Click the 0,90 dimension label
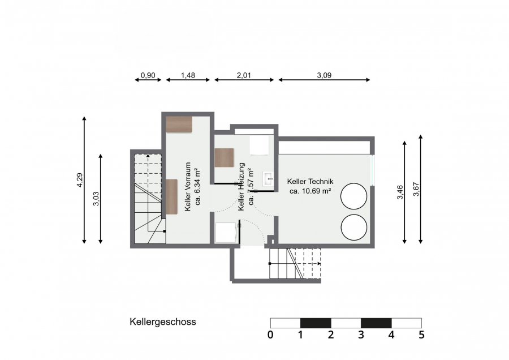tap(148, 75)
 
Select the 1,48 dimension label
tap(188, 75)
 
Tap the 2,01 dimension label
tap(244, 75)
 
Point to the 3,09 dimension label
tap(324, 75)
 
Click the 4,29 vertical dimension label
tap(80, 180)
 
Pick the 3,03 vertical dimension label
tap(96, 199)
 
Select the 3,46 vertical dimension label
tap(400, 192)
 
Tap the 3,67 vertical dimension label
tap(416, 189)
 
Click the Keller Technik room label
tap(310, 181)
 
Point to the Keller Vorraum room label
tap(188, 187)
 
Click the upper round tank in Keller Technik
tap(354, 196)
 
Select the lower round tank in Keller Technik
tap(354, 227)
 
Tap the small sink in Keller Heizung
tap(269, 179)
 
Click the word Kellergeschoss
tap(163, 322)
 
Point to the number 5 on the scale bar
tap(421, 335)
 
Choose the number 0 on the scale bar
tap(270, 335)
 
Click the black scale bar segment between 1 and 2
tap(316, 323)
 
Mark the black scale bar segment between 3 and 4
tap(376, 323)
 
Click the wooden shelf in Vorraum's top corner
tap(179, 125)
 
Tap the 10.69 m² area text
tap(310, 191)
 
